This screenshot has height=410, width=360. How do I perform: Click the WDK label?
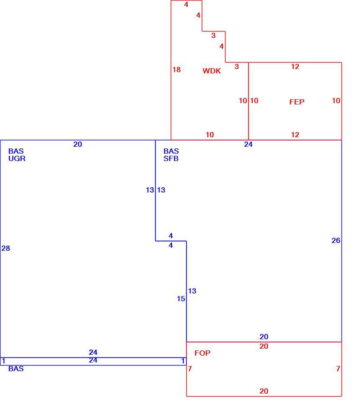[x=212, y=71]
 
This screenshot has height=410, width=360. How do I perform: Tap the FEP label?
[x=297, y=102]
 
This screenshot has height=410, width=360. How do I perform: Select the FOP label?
[x=202, y=353]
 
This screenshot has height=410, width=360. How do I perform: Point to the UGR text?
[x=17, y=158]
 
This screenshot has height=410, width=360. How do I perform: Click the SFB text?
[x=171, y=158]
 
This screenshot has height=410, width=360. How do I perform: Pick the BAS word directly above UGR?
[x=16, y=151]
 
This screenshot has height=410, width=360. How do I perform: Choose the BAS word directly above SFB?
[x=171, y=151]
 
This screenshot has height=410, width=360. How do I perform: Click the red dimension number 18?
[x=177, y=69]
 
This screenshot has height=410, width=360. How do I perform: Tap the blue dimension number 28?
[x=6, y=248]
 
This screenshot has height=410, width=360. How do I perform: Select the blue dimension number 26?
[x=336, y=240]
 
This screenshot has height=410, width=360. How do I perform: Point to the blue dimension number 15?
[x=181, y=299]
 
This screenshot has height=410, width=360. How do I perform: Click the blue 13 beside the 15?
[x=192, y=291]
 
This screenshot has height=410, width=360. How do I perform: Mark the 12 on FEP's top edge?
[x=295, y=66]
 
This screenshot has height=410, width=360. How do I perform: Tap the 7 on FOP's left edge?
[x=190, y=369]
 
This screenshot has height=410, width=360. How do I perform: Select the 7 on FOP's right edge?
[x=338, y=369]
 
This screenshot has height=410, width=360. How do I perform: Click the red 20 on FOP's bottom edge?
[x=264, y=391]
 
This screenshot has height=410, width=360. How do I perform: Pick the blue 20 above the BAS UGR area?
[x=78, y=144]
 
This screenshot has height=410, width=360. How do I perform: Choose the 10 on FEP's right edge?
[x=336, y=101]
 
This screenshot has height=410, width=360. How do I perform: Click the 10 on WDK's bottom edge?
[x=210, y=135]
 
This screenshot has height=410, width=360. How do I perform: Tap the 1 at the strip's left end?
[x=3, y=361]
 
